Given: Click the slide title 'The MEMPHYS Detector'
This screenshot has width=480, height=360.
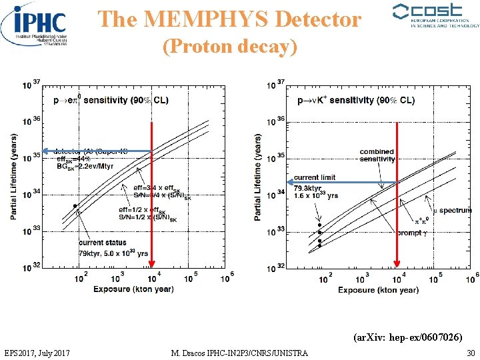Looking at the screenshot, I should pyautogui.click(x=230, y=19).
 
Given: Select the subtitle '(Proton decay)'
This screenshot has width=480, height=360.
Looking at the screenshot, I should pyautogui.click(x=230, y=47).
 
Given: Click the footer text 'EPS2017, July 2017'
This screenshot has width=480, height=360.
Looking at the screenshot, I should pyautogui.click(x=40, y=352).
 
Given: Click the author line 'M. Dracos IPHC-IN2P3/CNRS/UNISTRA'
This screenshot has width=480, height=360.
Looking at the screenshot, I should pyautogui.click(x=239, y=352).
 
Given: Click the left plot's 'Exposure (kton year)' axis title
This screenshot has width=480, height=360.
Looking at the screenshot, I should pyautogui.click(x=133, y=289).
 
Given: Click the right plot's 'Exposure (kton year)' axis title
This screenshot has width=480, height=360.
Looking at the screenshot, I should pyautogui.click(x=378, y=289).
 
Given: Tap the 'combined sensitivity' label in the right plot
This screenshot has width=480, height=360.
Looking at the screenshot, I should pyautogui.click(x=377, y=155).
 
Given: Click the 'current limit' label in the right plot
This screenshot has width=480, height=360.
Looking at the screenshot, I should pyautogui.click(x=315, y=177).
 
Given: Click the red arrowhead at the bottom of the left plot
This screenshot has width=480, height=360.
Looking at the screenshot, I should pyautogui.click(x=152, y=263).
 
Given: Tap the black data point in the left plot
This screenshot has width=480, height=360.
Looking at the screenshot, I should pyautogui.click(x=75, y=206).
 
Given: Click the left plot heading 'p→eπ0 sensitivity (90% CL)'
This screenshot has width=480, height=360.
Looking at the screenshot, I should pyautogui.click(x=111, y=100).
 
